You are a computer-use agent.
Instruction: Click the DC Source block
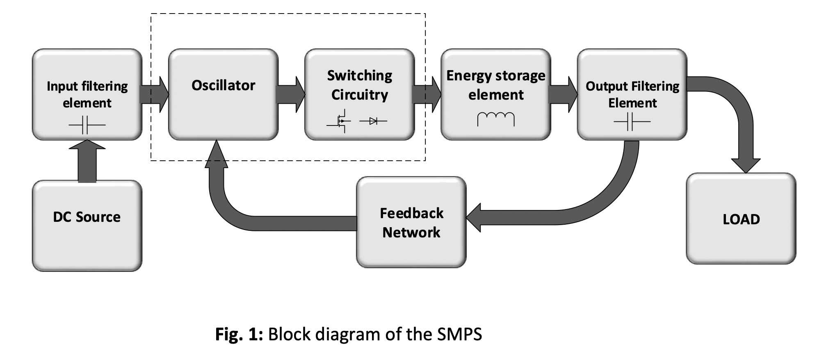pos(87,226)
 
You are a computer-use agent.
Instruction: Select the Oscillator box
pos(223,94)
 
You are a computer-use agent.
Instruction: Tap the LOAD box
pos(741,219)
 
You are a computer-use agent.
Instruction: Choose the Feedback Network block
pos(411,222)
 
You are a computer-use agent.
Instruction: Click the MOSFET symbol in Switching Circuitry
pos(340,121)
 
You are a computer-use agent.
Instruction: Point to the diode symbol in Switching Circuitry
pos(373,121)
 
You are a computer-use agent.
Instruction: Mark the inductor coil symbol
pos(495,119)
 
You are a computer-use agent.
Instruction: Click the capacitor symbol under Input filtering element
pos(87,125)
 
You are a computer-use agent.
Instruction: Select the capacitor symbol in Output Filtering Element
pos(632,121)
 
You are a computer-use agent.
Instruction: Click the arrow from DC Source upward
pos(87,161)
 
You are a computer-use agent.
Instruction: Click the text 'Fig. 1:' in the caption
pos(239,334)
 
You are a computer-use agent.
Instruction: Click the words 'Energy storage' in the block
pos(495,75)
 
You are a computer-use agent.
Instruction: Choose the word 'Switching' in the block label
pos(359,75)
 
